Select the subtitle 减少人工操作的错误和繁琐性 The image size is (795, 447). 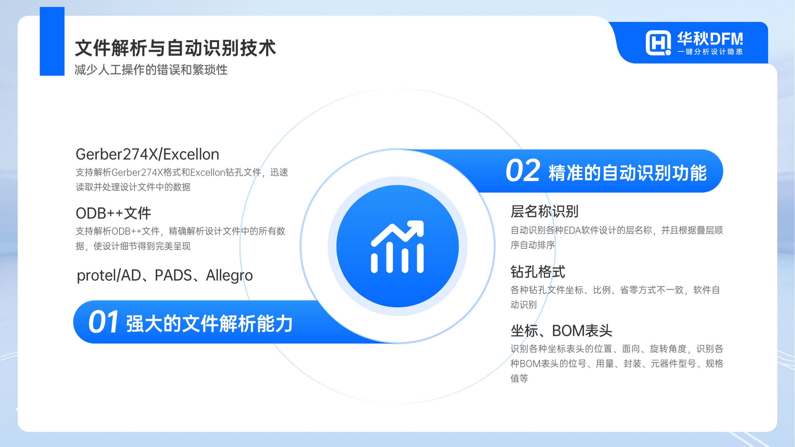click(151, 70)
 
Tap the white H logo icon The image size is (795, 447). click(657, 43)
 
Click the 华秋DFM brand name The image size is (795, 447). click(710, 39)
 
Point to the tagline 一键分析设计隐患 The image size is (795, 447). click(710, 52)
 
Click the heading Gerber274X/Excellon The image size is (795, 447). click(148, 154)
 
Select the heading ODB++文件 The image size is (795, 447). click(113, 213)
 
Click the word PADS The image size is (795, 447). click(173, 275)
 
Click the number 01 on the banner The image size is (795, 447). click(103, 322)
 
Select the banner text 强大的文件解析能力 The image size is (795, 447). click(209, 323)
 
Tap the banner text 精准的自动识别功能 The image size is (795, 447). click(628, 173)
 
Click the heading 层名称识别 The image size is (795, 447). click(544, 211)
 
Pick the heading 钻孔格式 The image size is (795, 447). click(538, 272)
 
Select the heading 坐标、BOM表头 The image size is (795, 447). click(561, 331)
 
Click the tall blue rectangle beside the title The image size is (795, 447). click(52, 41)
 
